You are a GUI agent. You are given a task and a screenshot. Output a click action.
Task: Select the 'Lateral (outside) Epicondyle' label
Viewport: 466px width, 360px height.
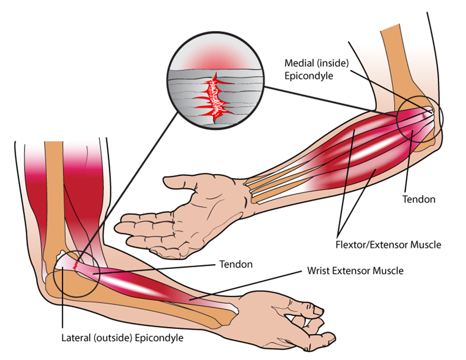coord(122,338)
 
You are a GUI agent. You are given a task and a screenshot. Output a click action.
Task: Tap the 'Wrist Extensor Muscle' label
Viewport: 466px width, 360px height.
coord(353,271)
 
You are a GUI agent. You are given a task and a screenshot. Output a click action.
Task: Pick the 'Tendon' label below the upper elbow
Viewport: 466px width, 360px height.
coord(419,199)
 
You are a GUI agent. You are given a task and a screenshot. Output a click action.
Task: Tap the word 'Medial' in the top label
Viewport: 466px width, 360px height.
coord(298,63)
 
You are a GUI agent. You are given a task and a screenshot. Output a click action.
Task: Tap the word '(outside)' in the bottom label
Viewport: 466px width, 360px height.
coord(109,338)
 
